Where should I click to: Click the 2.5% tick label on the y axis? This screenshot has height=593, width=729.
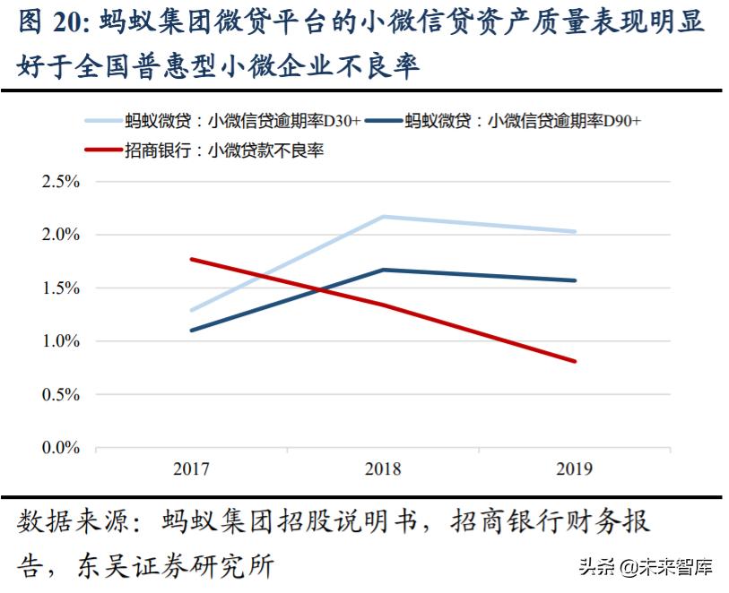(61, 182)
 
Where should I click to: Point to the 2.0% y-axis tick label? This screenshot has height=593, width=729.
(61, 235)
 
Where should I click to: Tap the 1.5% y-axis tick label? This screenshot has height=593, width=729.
(61, 288)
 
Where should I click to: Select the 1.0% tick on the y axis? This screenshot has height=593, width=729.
(61, 341)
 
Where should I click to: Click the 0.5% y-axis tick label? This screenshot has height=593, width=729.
(61, 394)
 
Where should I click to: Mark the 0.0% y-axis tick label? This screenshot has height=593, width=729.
(61, 447)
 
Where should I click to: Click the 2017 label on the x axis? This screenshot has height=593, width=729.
(191, 468)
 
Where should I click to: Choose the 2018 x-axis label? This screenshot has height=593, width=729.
(383, 468)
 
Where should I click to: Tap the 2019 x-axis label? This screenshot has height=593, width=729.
(575, 468)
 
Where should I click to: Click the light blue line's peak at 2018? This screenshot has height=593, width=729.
(383, 217)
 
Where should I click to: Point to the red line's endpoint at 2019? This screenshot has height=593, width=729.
(575, 361)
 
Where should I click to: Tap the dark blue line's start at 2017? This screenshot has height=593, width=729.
(191, 331)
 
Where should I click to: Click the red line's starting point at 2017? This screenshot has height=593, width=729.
(191, 259)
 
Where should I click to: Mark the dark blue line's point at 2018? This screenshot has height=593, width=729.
(383, 270)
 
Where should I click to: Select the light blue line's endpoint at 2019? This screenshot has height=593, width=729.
(575, 232)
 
